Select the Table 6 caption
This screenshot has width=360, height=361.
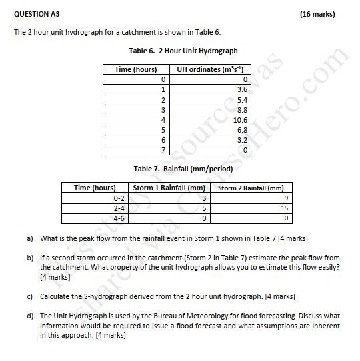[x=183, y=51]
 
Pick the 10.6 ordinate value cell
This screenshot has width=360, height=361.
[x=240, y=120]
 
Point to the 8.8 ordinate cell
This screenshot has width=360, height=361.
[x=242, y=109]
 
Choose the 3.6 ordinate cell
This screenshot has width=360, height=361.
[x=242, y=89]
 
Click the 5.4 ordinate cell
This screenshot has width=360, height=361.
[x=242, y=99]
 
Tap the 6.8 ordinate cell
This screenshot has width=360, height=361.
[x=242, y=130]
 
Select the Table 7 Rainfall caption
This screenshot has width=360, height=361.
[x=183, y=169]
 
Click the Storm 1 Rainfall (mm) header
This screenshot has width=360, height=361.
[x=169, y=188]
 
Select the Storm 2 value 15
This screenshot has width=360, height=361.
[x=284, y=208]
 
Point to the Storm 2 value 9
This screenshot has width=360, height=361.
[x=286, y=198]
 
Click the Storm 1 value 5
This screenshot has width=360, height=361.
[x=203, y=208]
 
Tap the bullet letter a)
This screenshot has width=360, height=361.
[x=30, y=238]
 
